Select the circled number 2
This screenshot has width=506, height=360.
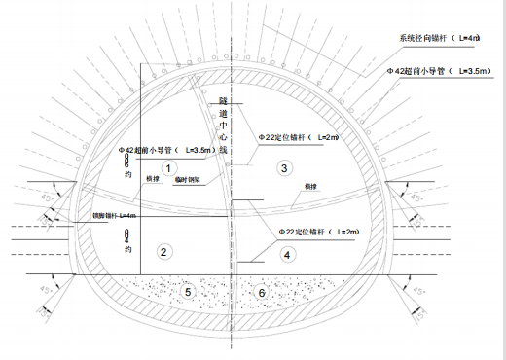click(163, 252)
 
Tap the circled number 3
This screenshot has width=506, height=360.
click(283, 168)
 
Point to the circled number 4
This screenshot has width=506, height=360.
click(286, 255)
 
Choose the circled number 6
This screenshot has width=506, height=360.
click(261, 291)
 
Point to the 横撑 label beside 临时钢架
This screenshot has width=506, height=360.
click(152, 180)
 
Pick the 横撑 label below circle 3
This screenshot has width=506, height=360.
click(310, 186)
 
